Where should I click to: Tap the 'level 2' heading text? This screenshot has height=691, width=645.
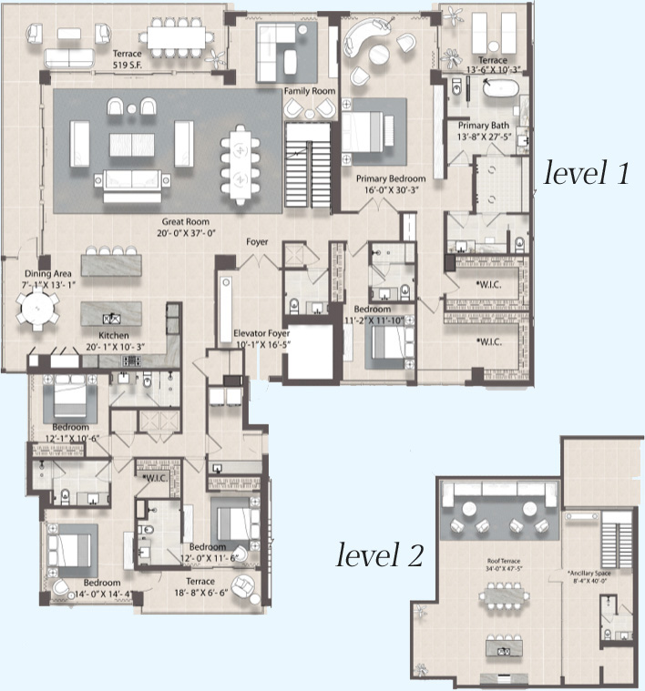(x=379, y=554)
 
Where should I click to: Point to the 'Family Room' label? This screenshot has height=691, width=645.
(x=309, y=92)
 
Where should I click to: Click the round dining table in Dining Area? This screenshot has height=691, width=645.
(x=38, y=310)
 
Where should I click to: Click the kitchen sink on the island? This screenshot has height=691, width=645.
(x=114, y=319)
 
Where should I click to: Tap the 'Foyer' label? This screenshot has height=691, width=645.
(x=257, y=242)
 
